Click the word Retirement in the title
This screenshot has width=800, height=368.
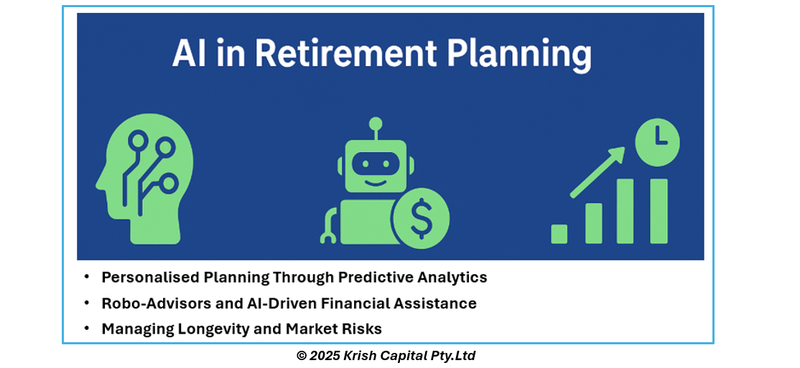tap(345, 53)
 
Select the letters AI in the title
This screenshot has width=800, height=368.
tap(190, 53)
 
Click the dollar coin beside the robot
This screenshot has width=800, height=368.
tap(421, 217)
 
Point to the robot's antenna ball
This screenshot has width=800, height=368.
tap(376, 123)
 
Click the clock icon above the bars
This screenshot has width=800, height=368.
tap(657, 138)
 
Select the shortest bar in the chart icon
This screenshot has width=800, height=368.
tap(559, 234)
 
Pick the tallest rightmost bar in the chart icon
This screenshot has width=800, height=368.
tap(659, 211)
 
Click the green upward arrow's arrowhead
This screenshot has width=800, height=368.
tap(616, 155)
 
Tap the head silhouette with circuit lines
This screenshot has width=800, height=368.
tap(144, 179)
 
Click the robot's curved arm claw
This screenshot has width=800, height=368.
tap(328, 225)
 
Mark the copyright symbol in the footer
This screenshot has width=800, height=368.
tap(302, 356)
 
